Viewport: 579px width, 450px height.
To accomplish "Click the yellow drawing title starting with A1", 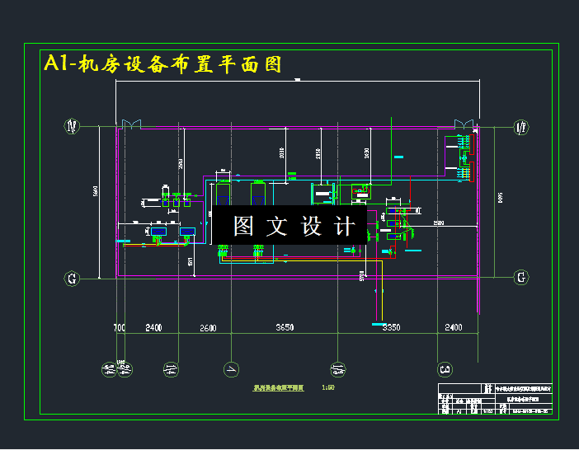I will (x=163, y=64).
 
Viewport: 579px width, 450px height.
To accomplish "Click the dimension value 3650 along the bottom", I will (x=284, y=328).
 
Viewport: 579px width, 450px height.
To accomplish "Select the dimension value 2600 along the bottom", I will (x=208, y=328).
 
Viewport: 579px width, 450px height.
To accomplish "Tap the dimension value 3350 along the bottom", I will (x=392, y=328).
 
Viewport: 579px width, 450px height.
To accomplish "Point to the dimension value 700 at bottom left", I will (x=120, y=328).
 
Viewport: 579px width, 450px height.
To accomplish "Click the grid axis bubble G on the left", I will (x=73, y=279).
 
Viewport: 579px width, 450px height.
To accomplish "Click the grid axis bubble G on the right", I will (x=521, y=278).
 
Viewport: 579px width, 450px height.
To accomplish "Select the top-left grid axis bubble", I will (x=73, y=127).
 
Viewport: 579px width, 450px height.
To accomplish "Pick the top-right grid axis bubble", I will (x=521, y=127).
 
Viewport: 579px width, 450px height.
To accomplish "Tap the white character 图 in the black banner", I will (x=244, y=226).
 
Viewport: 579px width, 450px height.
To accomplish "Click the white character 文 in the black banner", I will (x=277, y=226).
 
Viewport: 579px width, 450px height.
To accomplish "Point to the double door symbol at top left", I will (x=131, y=124).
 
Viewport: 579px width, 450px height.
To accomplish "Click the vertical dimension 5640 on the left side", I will (x=96, y=191).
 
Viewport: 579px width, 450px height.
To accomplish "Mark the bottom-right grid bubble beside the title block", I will (x=445, y=368).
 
